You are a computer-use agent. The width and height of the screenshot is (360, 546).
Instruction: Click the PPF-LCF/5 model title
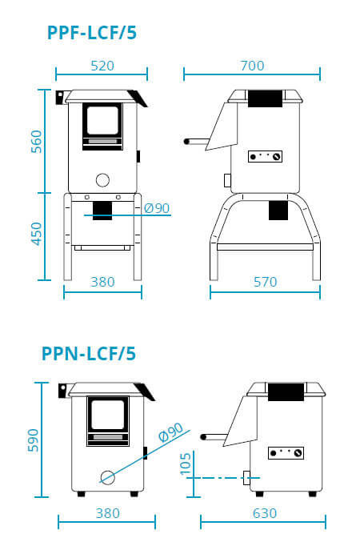tap(92, 33)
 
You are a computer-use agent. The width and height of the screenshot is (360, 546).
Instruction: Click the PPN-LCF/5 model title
tap(89, 354)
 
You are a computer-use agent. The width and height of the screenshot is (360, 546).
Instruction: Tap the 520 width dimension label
tap(102, 66)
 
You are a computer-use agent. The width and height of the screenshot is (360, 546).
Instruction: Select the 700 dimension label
tap(252, 66)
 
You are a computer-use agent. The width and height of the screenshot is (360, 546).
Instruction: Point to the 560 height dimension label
tap(36, 142)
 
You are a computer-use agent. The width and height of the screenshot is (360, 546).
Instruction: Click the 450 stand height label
tap(36, 234)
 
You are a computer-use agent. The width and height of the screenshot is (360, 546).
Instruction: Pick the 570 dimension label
tap(265, 282)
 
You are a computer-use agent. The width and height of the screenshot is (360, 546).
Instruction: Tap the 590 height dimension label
tap(33, 440)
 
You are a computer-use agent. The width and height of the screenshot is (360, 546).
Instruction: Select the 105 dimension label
tap(186, 464)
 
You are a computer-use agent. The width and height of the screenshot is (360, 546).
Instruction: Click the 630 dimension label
tap(265, 513)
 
